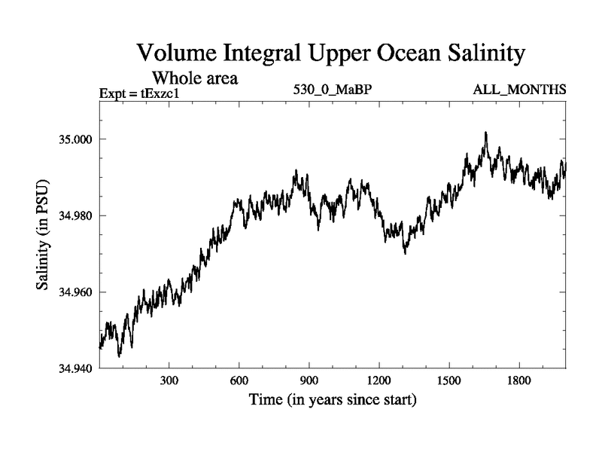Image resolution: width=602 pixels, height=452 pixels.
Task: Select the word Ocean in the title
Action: (x=390, y=54)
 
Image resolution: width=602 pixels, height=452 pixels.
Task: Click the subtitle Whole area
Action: (x=196, y=77)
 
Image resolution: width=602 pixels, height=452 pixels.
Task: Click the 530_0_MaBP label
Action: (x=333, y=90)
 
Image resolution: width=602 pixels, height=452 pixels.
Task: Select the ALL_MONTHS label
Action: (x=519, y=90)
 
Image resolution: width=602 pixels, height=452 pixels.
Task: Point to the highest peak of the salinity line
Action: (x=486, y=133)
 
